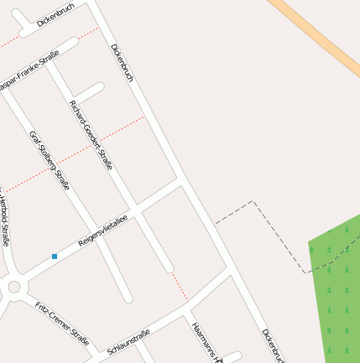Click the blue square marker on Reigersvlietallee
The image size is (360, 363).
[x=55, y=256]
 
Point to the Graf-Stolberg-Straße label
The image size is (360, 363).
[x=50, y=160]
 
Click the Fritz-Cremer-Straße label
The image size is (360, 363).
[x=62, y=324]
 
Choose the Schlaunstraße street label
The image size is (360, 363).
[x=129, y=341]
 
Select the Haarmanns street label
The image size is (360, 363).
[x=206, y=343]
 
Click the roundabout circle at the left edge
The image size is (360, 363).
[x=13, y=288]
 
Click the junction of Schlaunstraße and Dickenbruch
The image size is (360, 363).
[x=229, y=271]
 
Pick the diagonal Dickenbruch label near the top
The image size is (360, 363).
[x=123, y=63]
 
